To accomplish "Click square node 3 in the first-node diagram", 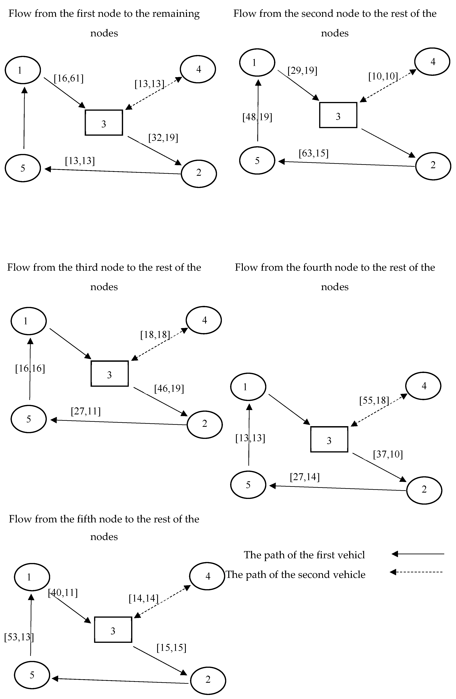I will [x=104, y=123].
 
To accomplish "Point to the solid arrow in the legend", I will [x=418, y=554].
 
